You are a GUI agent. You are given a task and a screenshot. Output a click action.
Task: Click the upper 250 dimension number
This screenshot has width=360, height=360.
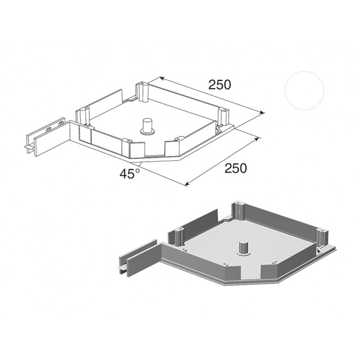pos(220,85)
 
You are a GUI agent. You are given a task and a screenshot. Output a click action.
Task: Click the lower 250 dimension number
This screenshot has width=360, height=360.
pos(236,168)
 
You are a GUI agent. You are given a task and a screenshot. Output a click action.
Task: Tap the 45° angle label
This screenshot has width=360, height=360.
pos(130,173)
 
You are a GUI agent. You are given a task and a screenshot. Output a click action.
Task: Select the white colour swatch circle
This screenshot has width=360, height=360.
pos(304,91)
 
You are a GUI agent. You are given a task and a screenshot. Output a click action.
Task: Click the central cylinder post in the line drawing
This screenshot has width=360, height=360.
pos(147,127)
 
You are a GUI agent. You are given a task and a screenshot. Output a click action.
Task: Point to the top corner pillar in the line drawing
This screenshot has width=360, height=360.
pos(142,92)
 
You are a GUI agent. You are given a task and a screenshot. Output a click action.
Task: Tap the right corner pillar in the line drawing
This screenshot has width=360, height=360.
pos(223,116)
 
